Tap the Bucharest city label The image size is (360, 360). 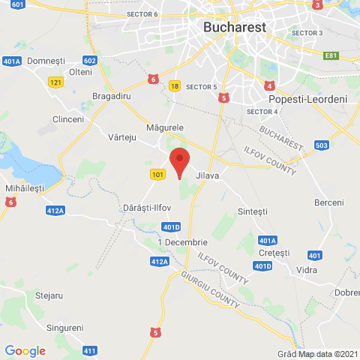234,27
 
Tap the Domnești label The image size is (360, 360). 46,60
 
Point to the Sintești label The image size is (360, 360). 252,211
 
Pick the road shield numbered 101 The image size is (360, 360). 157,174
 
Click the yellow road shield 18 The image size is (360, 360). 174,86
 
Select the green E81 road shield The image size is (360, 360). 331,55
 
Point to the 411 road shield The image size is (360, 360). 90,350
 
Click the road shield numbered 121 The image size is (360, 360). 54,82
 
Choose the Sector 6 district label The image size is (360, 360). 142,14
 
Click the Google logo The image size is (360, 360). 25,350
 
